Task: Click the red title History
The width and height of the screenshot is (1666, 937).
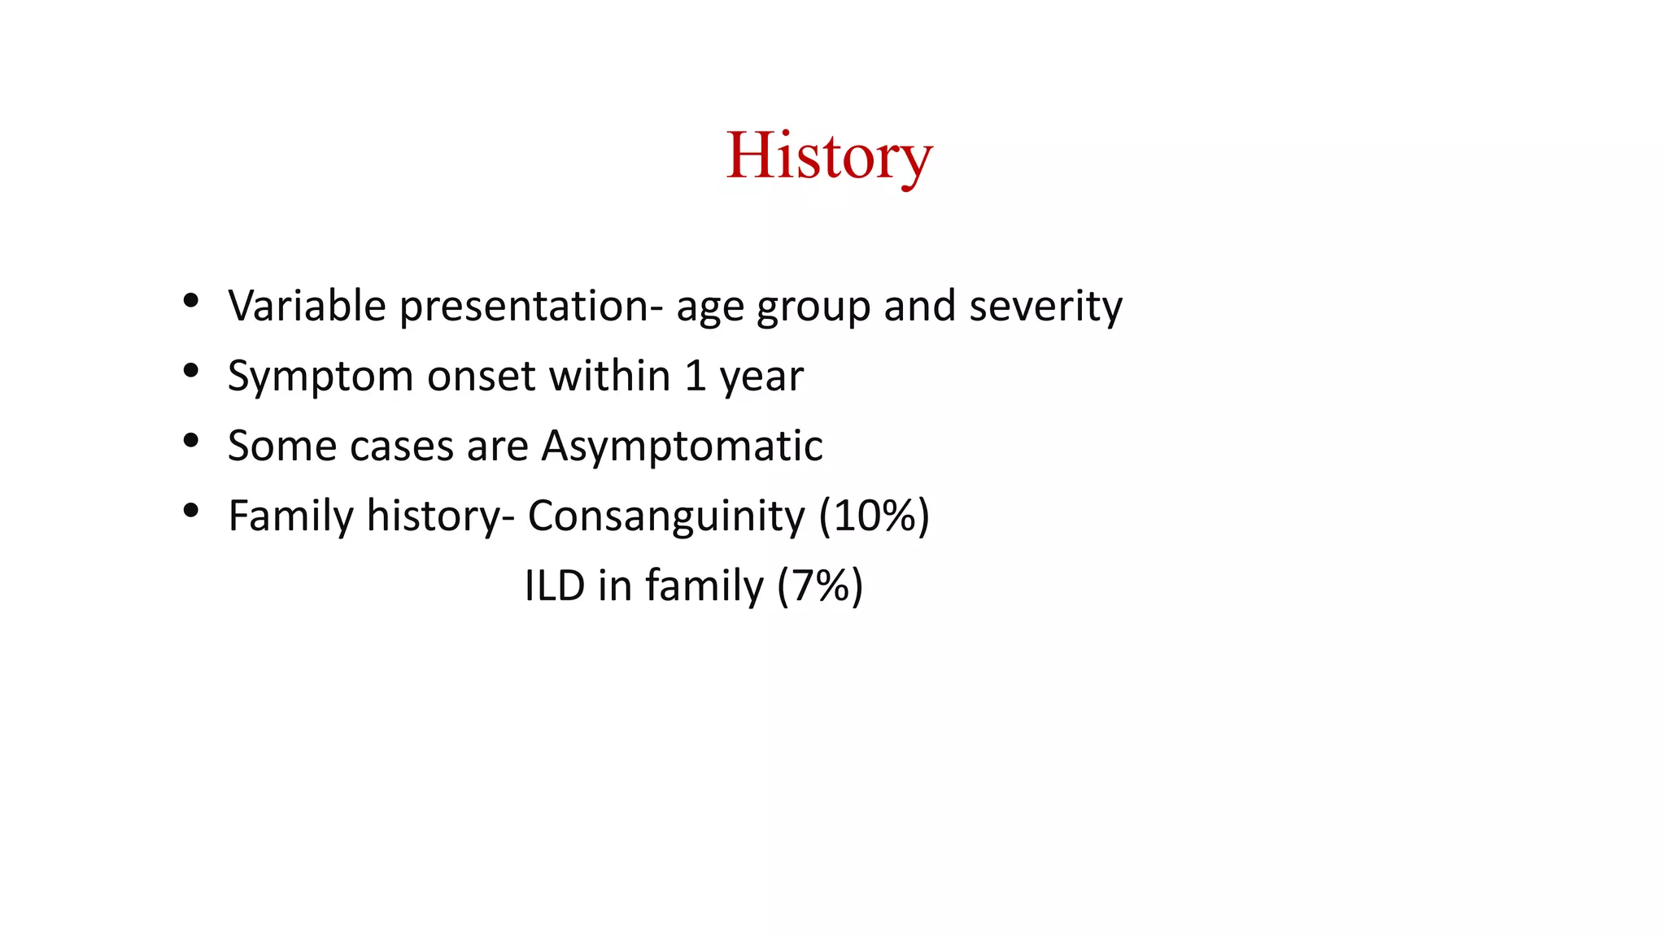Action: pyautogui.click(x=828, y=156)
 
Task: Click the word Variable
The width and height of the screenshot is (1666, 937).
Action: pyautogui.click(x=307, y=306)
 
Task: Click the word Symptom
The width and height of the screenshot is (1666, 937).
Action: pyautogui.click(x=321, y=377)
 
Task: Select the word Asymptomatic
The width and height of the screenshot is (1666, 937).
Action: pyautogui.click(x=682, y=447)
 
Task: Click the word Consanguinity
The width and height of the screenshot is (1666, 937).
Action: pyautogui.click(x=666, y=516)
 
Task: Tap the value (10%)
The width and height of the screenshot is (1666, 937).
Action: pyautogui.click(x=874, y=516)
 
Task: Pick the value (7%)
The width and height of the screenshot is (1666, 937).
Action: pyautogui.click(x=820, y=586)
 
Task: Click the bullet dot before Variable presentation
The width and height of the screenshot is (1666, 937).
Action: pyautogui.click(x=191, y=301)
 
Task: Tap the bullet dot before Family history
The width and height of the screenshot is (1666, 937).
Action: pyautogui.click(x=191, y=511)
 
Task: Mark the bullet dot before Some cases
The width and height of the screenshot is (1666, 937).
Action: pyautogui.click(x=191, y=441)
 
